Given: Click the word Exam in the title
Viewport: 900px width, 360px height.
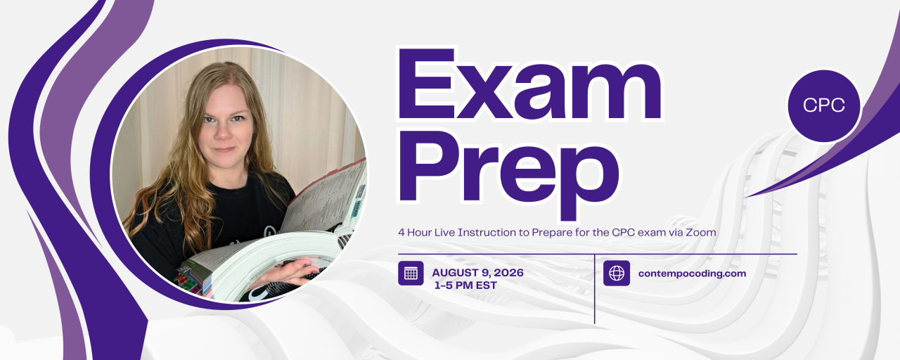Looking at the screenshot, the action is [529, 84].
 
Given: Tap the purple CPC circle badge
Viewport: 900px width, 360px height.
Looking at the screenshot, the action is [823, 105].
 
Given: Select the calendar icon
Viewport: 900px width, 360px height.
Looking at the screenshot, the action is [411, 274].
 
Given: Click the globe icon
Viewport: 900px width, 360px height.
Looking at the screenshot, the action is [617, 274].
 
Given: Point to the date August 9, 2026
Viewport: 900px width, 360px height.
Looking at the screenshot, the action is [477, 273].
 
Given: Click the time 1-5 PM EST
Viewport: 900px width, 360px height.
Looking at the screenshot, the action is [465, 285].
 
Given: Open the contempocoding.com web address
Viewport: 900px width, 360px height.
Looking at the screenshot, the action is [692, 274].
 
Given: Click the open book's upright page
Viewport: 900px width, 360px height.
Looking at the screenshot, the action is [326, 197].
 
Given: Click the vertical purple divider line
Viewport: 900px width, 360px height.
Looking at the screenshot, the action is [594, 289].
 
